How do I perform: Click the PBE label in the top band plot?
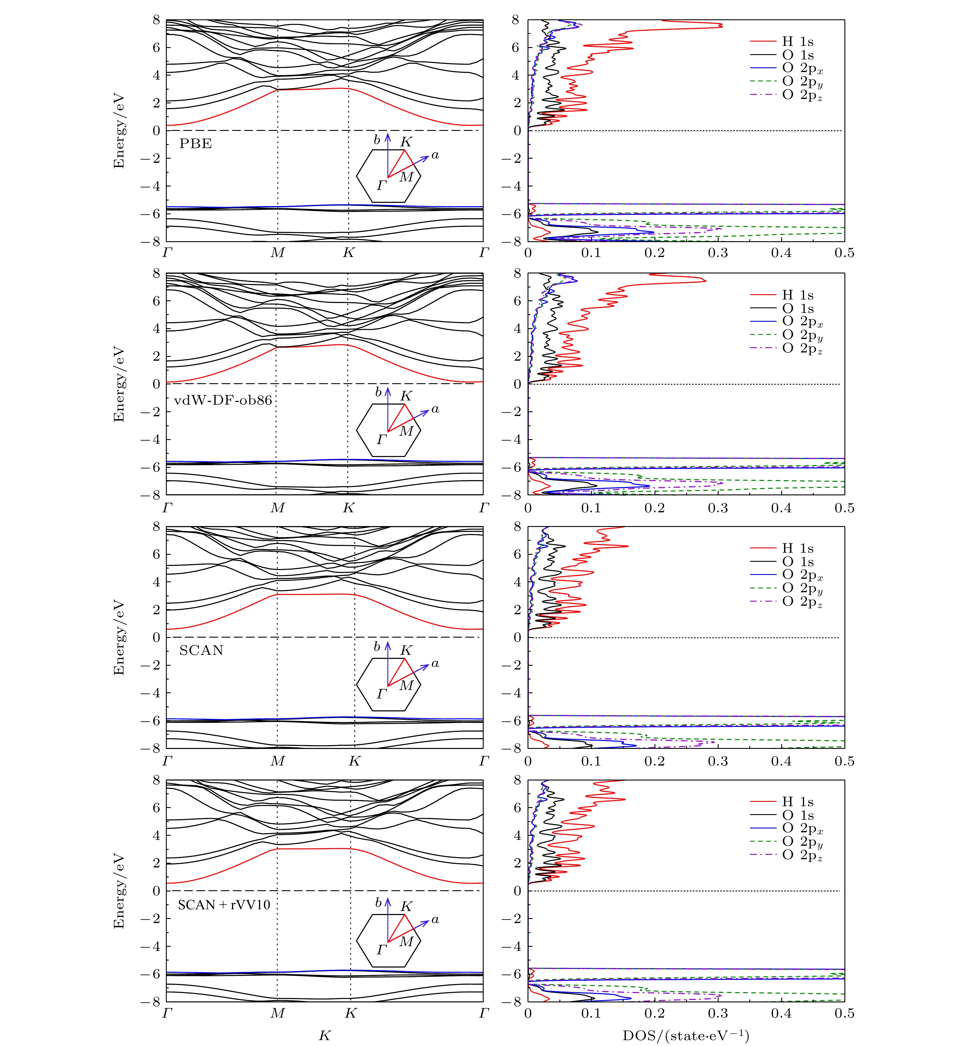[x=195, y=144]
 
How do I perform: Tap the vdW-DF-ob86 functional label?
[x=223, y=400]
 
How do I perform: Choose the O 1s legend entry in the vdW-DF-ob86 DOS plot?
[x=798, y=309]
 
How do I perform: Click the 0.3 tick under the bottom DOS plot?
[x=718, y=1014]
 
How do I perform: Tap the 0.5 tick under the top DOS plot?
[x=844, y=253]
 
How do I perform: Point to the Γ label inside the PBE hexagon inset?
[x=382, y=185]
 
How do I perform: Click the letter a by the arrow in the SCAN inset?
[x=435, y=663]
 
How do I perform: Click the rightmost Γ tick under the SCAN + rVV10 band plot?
[x=484, y=1014]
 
